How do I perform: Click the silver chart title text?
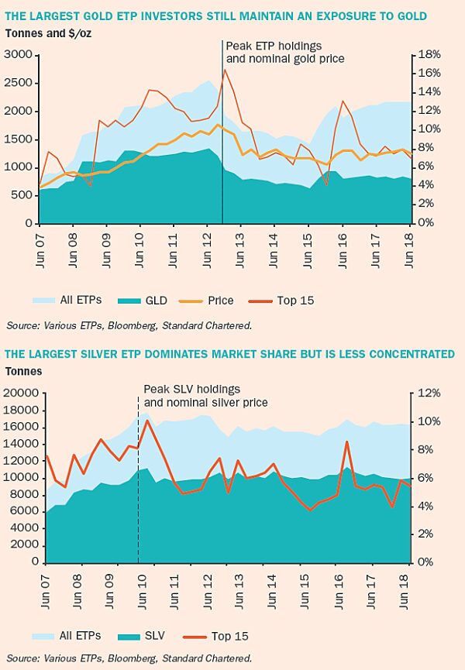click(229, 354)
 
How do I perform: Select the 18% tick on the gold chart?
click(430, 55)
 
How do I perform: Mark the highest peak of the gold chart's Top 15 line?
click(226, 70)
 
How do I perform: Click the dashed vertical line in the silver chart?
click(138, 503)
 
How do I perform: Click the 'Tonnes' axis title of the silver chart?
click(24, 371)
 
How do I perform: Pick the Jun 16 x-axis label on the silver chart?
click(341, 583)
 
